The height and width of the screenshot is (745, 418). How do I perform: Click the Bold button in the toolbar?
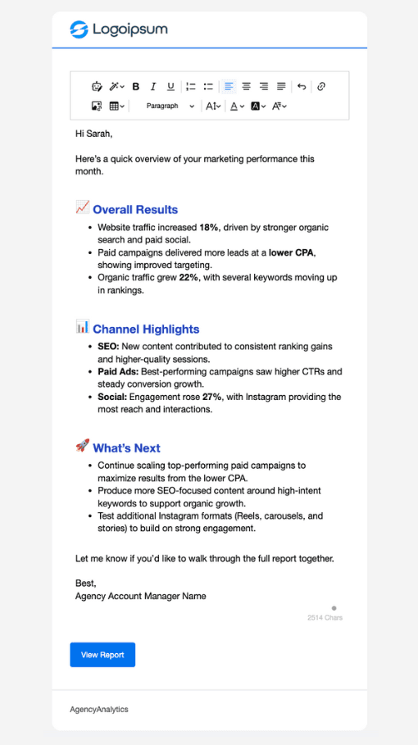click(136, 86)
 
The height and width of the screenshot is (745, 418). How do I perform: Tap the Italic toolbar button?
click(152, 86)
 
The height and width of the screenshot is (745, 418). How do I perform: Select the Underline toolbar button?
click(170, 86)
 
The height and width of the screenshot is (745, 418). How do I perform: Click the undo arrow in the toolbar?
click(302, 86)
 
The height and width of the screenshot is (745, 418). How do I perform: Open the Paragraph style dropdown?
click(170, 106)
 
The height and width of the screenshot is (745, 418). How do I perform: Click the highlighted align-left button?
click(229, 86)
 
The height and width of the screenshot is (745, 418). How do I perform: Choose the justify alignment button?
click(281, 86)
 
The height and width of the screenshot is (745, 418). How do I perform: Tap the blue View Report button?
click(102, 655)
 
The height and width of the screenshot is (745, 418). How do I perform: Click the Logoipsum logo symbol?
click(79, 30)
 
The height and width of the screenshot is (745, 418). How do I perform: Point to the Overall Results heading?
click(135, 210)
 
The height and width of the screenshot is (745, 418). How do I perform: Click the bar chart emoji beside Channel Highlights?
click(82, 327)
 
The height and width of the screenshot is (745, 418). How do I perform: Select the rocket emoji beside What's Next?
click(82, 446)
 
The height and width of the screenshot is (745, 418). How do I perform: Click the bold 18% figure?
click(209, 227)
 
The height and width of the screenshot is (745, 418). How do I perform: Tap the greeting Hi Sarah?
click(93, 133)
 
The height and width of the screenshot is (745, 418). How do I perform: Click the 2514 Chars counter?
click(325, 617)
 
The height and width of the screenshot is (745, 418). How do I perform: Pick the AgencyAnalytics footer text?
click(99, 709)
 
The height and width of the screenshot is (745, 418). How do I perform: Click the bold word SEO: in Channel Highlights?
click(107, 347)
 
